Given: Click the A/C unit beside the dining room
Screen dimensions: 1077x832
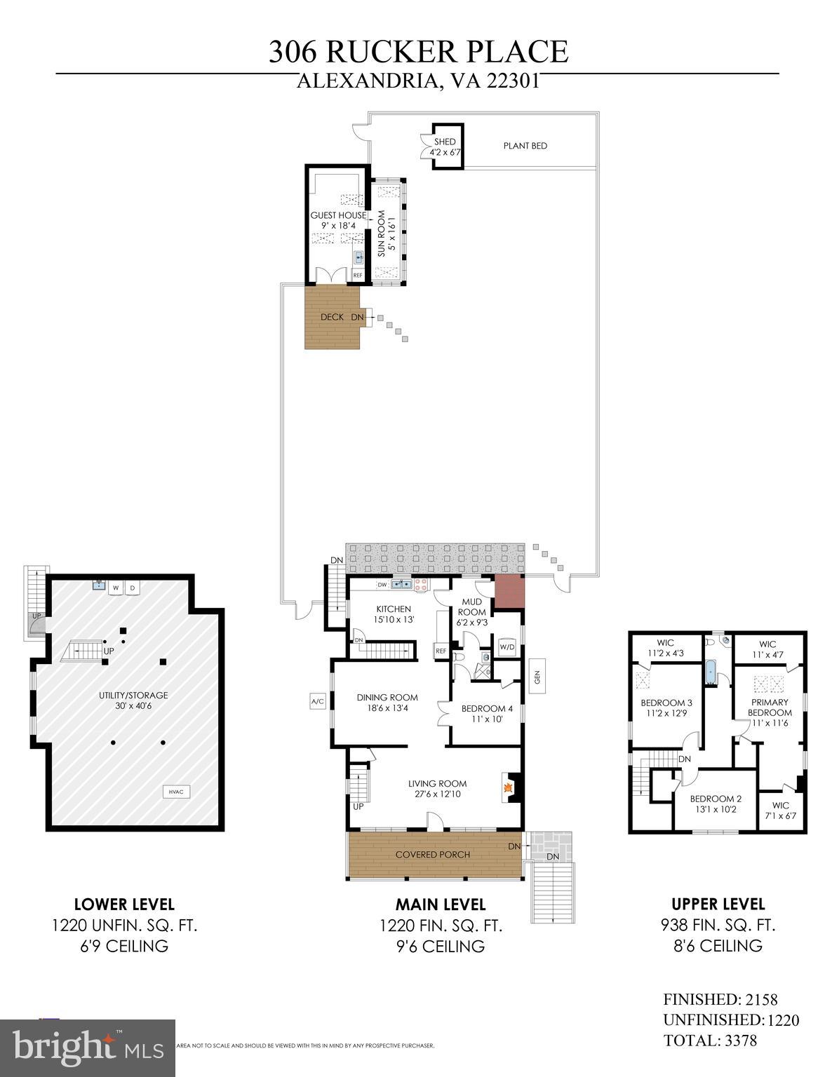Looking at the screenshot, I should pyautogui.click(x=318, y=700).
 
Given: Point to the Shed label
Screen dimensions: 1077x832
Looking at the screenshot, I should pyautogui.click(x=445, y=142).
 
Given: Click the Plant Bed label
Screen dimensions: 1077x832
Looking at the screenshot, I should pyautogui.click(x=525, y=146).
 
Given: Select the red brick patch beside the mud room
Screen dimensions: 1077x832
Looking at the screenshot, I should pyautogui.click(x=510, y=591).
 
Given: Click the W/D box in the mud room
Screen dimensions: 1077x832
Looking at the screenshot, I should pyautogui.click(x=506, y=647).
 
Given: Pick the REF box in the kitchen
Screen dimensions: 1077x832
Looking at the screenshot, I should pyautogui.click(x=441, y=651).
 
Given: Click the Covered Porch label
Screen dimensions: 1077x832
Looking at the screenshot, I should pyautogui.click(x=433, y=854).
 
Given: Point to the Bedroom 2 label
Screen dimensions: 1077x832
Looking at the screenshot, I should pyautogui.click(x=716, y=799).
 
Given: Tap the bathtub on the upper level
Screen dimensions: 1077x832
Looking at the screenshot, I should pyautogui.click(x=711, y=672).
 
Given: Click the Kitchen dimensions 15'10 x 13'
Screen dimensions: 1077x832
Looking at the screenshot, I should pyautogui.click(x=394, y=619).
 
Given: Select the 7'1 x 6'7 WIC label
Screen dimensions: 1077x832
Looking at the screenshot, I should pyautogui.click(x=780, y=816).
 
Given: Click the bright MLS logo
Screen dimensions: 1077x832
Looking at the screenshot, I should pyautogui.click(x=88, y=1048).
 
